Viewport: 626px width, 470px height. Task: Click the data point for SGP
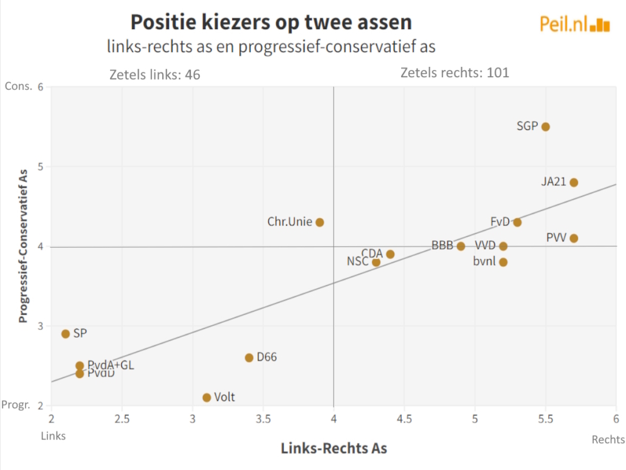pos(546,127)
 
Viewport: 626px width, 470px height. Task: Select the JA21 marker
pos(574,182)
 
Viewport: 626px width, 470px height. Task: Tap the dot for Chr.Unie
pos(320,223)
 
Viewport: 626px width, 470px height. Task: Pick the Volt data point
pos(207,398)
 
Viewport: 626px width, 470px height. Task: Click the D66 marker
pos(249,358)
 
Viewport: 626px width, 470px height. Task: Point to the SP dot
pos(66,334)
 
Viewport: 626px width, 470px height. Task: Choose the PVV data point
pos(574,238)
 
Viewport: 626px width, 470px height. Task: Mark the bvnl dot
pos(503,262)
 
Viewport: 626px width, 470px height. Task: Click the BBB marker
pos(461,246)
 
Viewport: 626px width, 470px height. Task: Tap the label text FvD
pos(500,221)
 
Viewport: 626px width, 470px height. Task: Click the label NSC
pos(358,262)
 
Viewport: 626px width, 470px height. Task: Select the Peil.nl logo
pos(574,24)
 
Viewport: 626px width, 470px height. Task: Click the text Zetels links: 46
pos(154,75)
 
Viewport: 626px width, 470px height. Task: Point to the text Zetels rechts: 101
pos(455,73)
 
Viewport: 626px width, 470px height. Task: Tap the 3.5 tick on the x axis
pos(263,418)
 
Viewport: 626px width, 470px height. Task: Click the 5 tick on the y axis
pos(41,167)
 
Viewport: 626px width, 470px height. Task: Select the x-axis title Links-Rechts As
pos(334,448)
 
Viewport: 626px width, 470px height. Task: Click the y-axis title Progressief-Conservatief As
pos(23,246)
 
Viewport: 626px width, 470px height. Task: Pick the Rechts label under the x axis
pos(608,440)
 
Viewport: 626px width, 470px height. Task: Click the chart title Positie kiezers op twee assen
pos(271,22)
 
